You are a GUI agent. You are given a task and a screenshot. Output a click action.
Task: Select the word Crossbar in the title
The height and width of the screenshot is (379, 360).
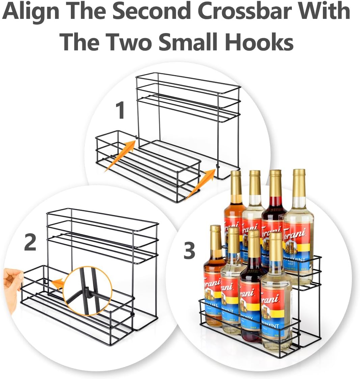(x=253, y=11)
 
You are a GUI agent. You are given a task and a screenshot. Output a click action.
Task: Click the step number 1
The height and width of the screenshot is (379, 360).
(x=120, y=111)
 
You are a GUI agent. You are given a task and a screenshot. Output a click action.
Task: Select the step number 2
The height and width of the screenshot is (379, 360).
(x=30, y=243)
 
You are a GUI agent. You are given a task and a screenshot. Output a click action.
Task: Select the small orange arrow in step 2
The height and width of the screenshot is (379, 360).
(x=58, y=284)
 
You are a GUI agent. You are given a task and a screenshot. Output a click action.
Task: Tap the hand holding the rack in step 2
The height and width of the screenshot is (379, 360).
(x=12, y=287)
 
